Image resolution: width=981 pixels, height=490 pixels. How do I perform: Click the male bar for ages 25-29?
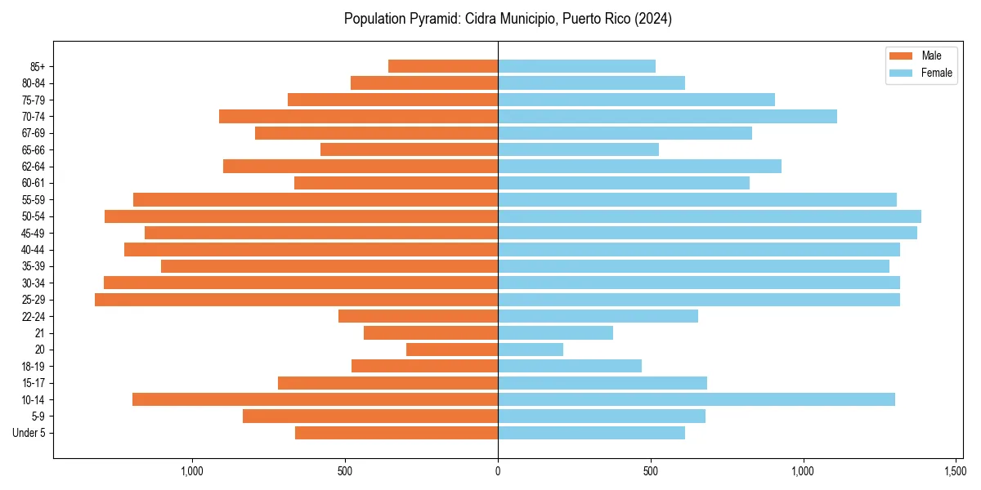point(296,300)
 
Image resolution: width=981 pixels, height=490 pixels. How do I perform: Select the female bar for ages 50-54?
point(710,216)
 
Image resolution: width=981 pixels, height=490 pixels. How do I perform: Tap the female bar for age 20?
point(531,350)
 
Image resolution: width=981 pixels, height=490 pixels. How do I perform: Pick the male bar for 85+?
point(443,66)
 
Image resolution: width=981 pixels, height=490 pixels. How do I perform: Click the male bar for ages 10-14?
point(315,399)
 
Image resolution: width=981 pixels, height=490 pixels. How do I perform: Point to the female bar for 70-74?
point(667,116)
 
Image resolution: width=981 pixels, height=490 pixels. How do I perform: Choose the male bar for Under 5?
point(396,433)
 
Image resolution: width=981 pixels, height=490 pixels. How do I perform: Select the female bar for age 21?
point(555,333)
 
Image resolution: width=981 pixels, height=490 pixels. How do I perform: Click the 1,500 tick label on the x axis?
point(956,471)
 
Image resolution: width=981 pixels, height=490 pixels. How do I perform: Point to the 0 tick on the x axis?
point(498,471)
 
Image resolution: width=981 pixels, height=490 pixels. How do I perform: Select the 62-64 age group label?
point(34,167)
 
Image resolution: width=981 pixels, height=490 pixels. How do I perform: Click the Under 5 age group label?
point(29,433)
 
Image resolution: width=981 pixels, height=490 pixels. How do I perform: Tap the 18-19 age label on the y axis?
point(34,367)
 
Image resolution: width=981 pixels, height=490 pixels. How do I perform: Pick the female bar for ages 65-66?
point(578,149)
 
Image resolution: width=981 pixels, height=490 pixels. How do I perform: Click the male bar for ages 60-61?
point(396,183)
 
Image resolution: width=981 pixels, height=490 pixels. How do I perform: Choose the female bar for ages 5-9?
point(601,416)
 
